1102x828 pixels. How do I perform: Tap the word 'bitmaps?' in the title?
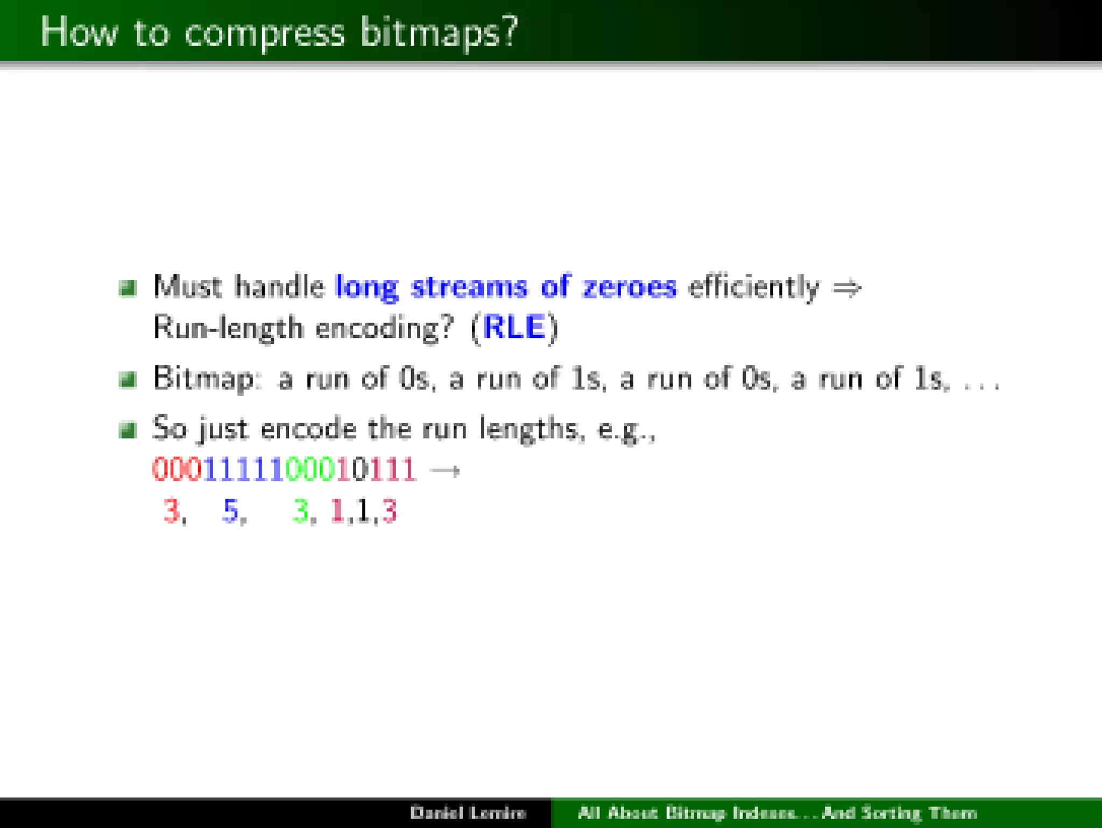tap(439, 32)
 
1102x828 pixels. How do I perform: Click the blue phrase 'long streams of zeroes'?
tap(506, 287)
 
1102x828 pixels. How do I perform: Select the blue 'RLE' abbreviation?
tap(514, 327)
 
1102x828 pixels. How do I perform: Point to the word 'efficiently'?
tap(753, 287)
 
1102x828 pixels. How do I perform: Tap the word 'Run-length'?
tap(228, 328)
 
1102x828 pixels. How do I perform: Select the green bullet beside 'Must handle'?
tap(128, 288)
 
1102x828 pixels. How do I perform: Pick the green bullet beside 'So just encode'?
tap(128, 430)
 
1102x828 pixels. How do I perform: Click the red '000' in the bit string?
tap(177, 469)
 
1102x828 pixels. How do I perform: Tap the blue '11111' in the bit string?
tap(244, 469)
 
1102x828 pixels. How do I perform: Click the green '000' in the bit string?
tap(310, 469)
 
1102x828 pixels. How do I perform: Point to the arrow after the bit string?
tap(445, 471)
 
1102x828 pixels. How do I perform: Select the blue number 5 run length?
tap(230, 510)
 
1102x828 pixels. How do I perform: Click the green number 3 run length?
tap(300, 510)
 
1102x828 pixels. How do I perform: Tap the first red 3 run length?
tap(171, 510)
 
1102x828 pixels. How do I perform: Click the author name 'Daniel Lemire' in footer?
tap(468, 812)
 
